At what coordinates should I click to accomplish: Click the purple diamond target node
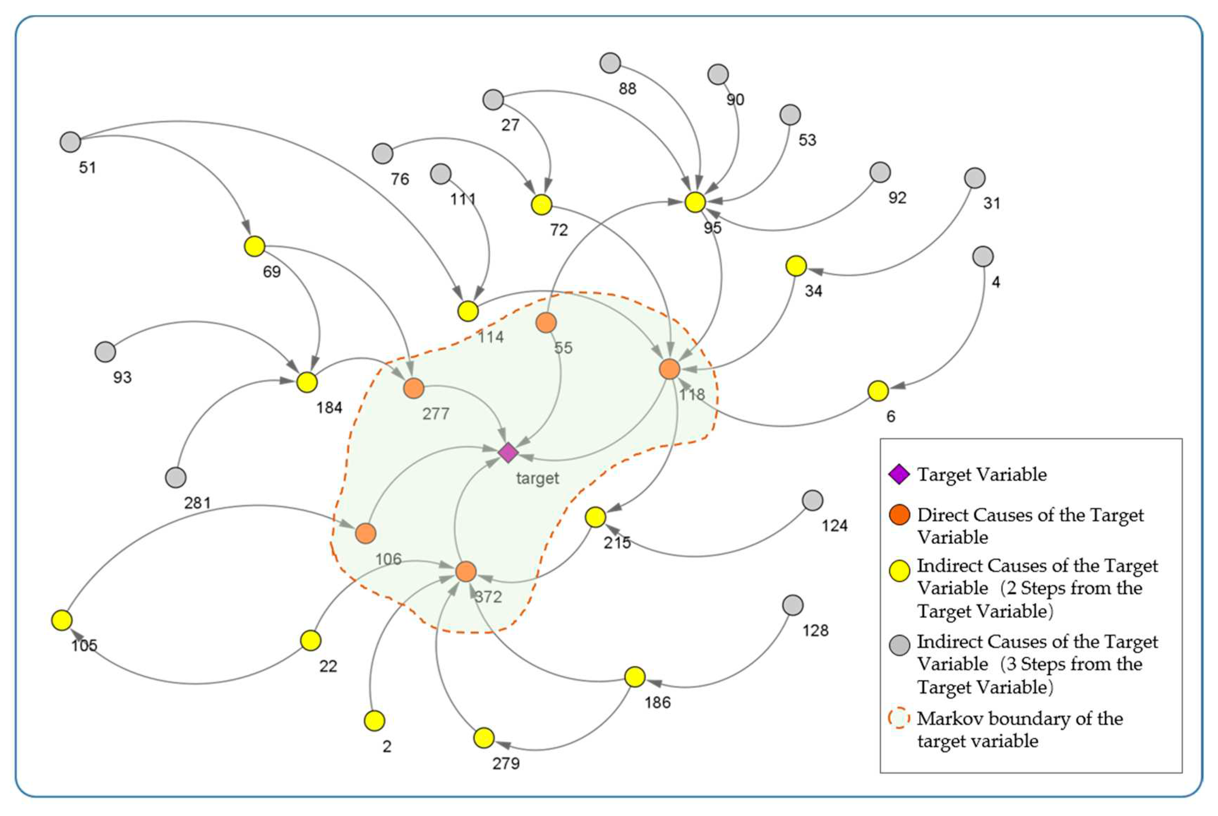coord(508,453)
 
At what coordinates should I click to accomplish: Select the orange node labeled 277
coord(414,388)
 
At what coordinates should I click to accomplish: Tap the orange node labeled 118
coord(669,369)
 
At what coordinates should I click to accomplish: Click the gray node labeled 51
coord(70,141)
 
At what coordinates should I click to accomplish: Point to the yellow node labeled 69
coord(254,246)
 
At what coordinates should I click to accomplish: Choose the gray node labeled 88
coord(610,63)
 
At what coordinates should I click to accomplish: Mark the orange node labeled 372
coord(466,572)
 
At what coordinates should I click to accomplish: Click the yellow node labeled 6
coord(878,391)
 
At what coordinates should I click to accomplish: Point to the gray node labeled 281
coord(175,477)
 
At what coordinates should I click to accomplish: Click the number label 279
coord(506,763)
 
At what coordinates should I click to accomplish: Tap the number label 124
coord(835,526)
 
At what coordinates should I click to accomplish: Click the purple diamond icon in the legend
coord(899,474)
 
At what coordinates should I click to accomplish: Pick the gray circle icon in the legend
coord(899,645)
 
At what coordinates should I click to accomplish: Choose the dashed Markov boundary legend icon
coord(899,718)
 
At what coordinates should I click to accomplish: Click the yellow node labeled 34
coord(796,266)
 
